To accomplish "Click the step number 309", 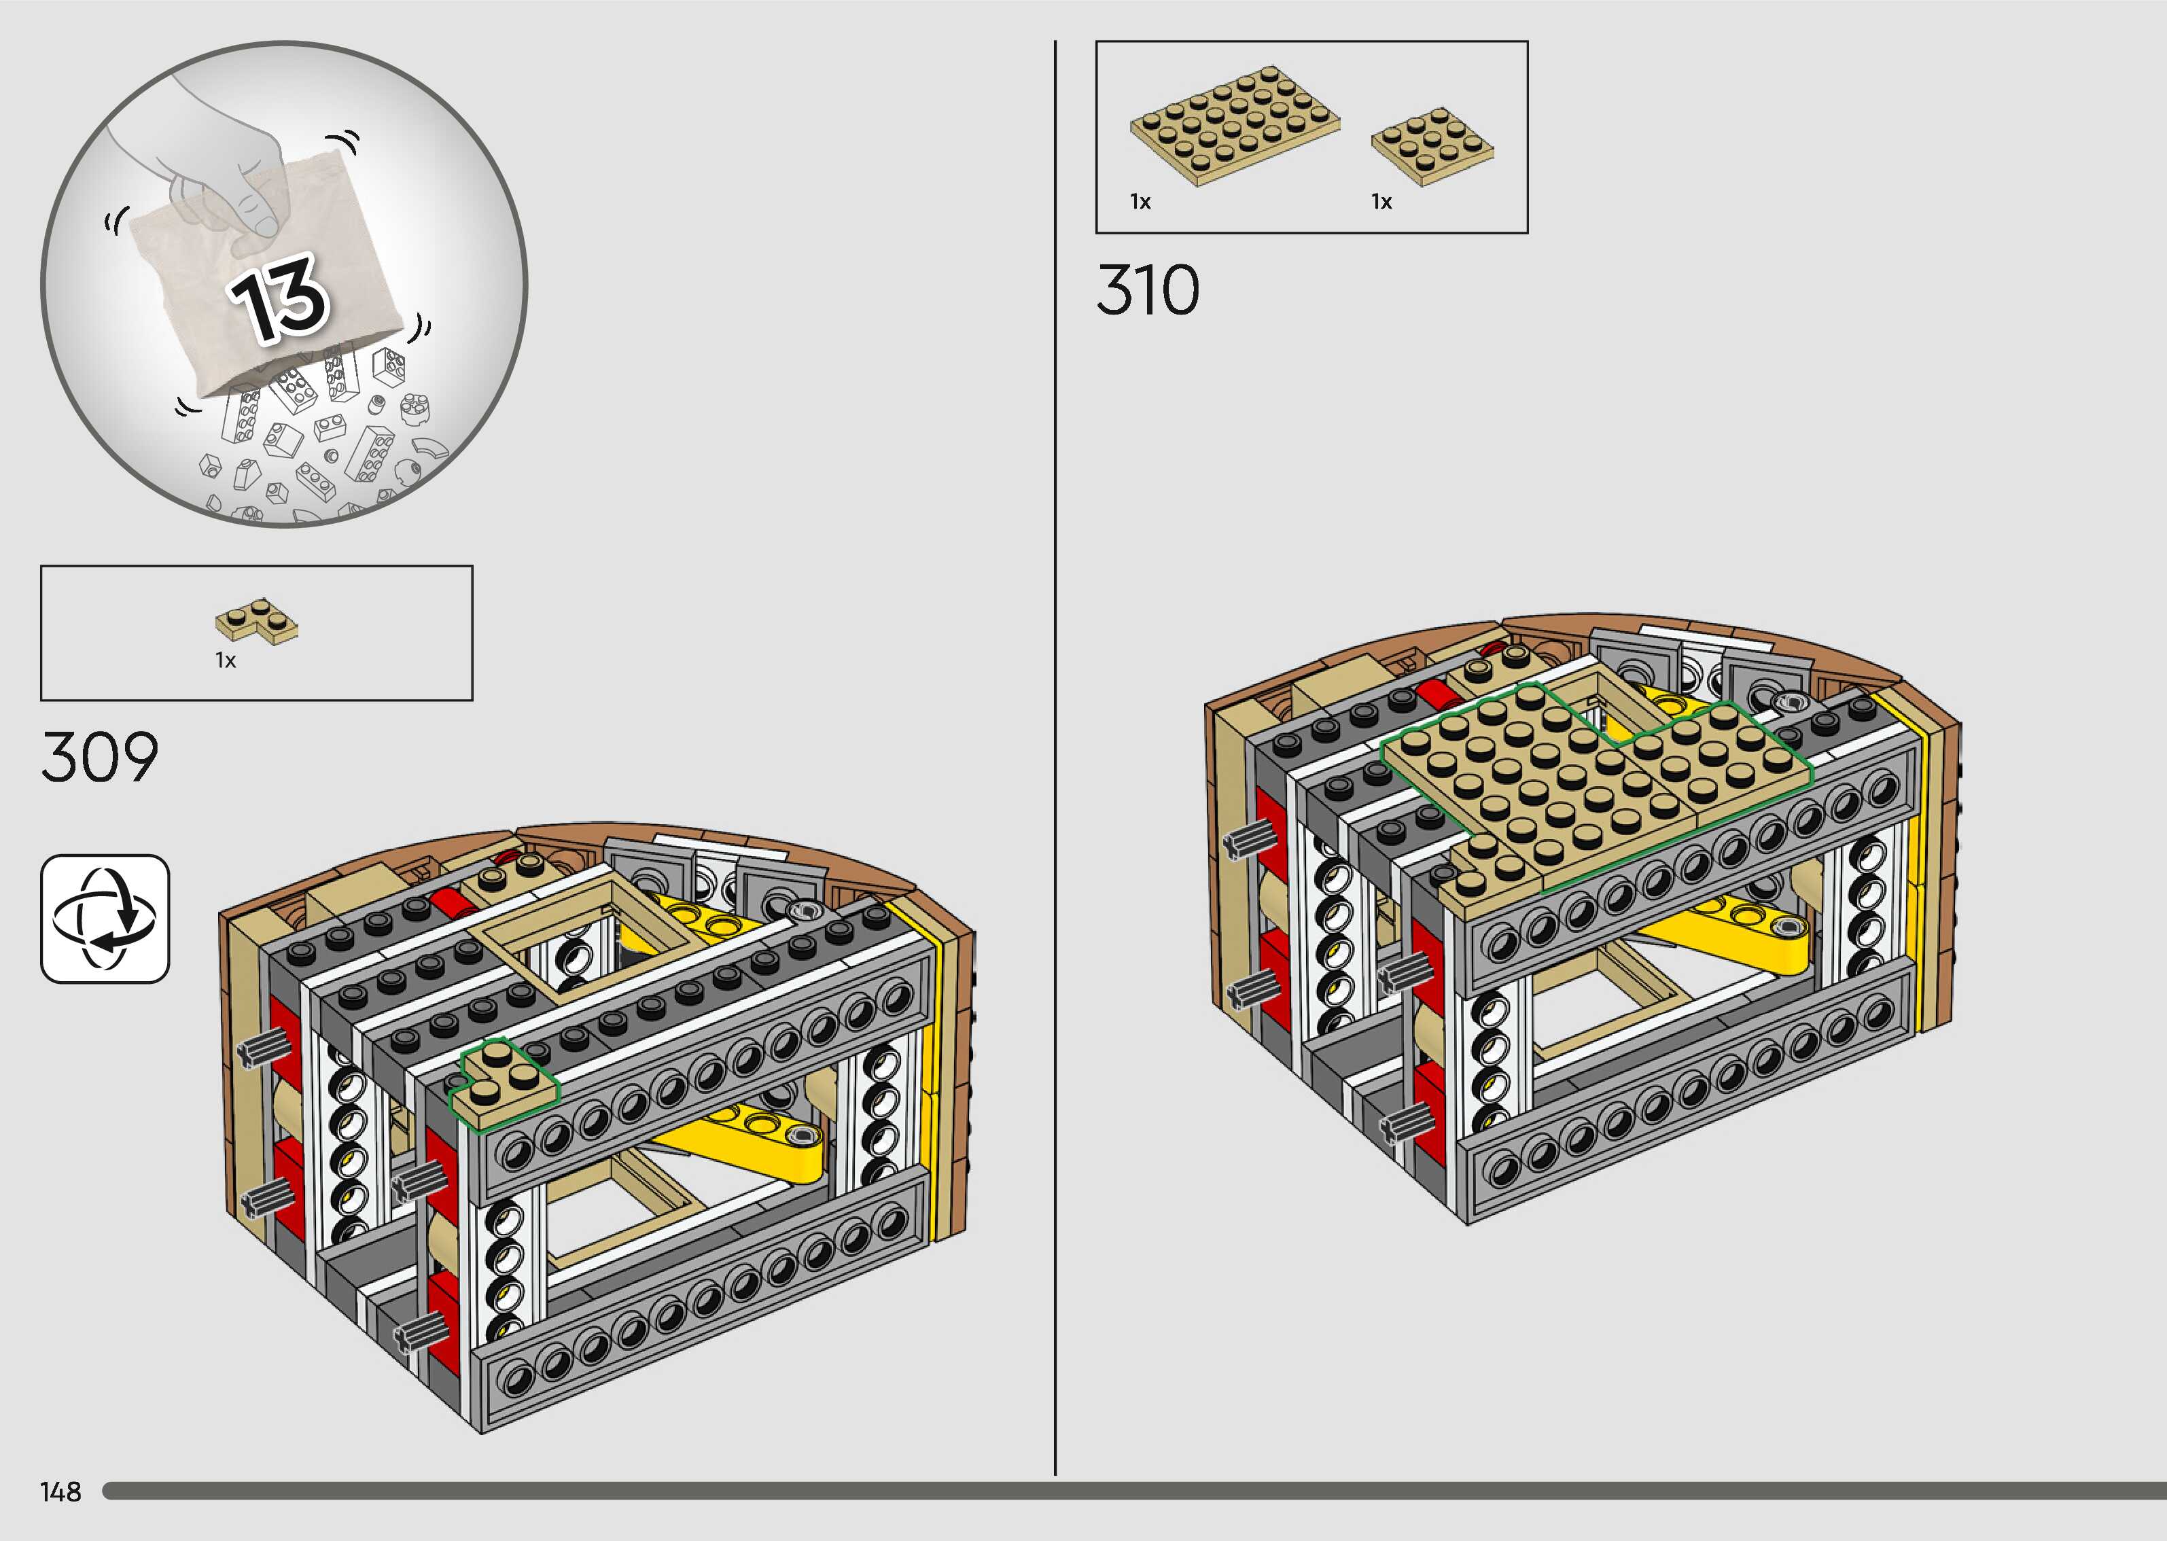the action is tap(100, 757).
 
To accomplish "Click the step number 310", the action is tap(1148, 289).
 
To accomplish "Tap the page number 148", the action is tap(60, 1491).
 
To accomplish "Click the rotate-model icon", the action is tap(105, 919).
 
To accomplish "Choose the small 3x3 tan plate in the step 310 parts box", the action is tap(1432, 145).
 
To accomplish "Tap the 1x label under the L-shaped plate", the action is tap(225, 660).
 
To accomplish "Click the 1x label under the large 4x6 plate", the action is tap(1140, 202).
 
